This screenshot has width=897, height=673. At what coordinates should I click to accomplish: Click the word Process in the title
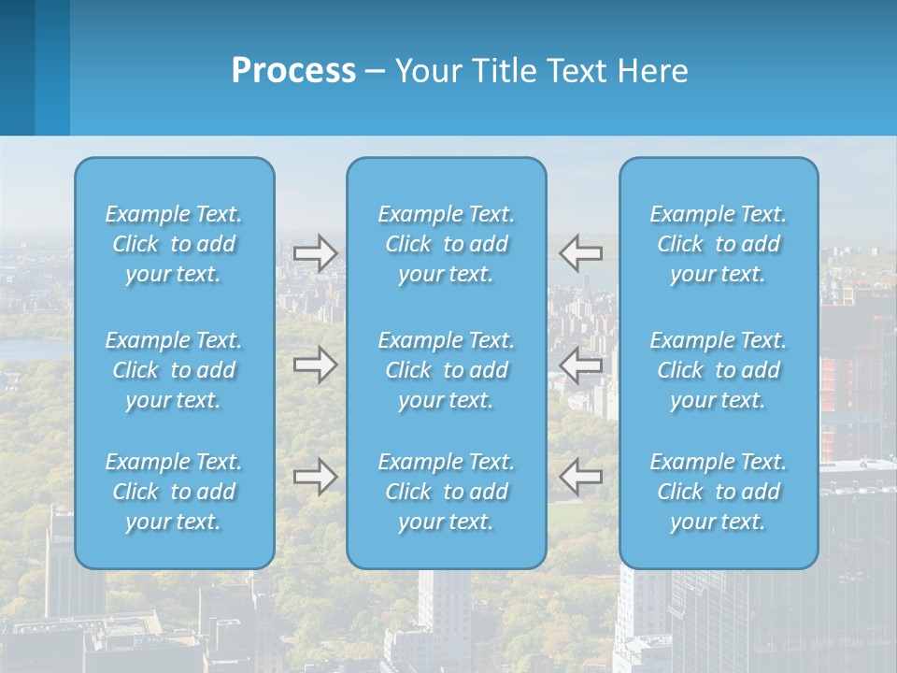pyautogui.click(x=293, y=71)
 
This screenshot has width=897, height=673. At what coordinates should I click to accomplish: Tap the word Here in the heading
pyautogui.click(x=653, y=71)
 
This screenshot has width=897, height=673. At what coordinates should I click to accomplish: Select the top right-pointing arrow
pyautogui.click(x=316, y=253)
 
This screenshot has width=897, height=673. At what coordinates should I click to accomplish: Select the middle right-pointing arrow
pyautogui.click(x=316, y=365)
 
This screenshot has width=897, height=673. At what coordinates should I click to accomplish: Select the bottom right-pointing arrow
pyautogui.click(x=316, y=477)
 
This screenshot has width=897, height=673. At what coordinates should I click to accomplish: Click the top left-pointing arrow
pyautogui.click(x=581, y=253)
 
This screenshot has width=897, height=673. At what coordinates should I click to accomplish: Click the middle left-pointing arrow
pyautogui.click(x=581, y=365)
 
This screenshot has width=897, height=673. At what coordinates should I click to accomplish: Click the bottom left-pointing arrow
pyautogui.click(x=581, y=477)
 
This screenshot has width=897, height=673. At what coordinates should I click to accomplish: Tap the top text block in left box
pyautogui.click(x=174, y=244)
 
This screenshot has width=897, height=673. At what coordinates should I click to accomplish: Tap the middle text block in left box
pyautogui.click(x=174, y=370)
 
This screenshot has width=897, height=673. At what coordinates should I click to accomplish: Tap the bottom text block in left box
pyautogui.click(x=174, y=492)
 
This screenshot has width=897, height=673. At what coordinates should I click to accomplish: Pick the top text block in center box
pyautogui.click(x=447, y=244)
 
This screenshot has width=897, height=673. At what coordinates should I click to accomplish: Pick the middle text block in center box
pyautogui.click(x=447, y=370)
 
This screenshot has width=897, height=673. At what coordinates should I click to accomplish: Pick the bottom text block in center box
pyautogui.click(x=447, y=492)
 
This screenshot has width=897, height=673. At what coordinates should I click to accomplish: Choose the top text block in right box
pyautogui.click(x=719, y=244)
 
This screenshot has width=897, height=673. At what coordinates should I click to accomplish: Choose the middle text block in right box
pyautogui.click(x=719, y=370)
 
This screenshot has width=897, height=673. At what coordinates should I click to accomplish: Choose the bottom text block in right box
pyautogui.click(x=719, y=492)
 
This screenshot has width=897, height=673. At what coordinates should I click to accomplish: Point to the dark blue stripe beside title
pyautogui.click(x=17, y=67)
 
